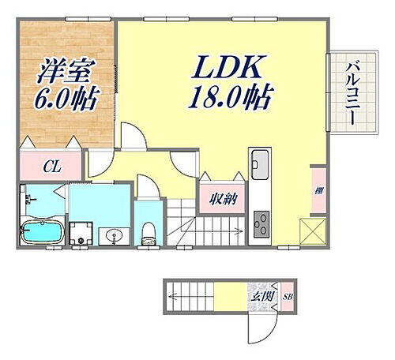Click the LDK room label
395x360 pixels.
click(x=223, y=69)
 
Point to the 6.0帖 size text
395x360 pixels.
click(x=66, y=99)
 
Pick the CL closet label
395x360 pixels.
click(x=49, y=167)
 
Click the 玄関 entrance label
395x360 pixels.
click(x=264, y=296)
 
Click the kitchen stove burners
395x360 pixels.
click(x=260, y=221)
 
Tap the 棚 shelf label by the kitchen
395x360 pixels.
click(x=318, y=190)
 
